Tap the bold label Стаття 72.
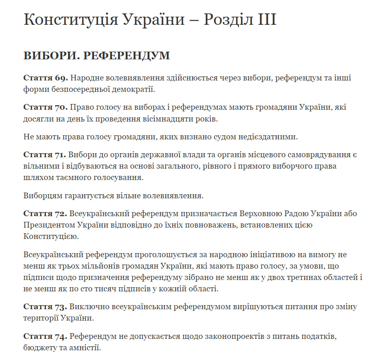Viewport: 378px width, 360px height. click(x=45, y=213)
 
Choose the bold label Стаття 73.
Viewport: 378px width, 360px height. click(x=45, y=306)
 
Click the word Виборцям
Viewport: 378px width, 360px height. click(x=42, y=196)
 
